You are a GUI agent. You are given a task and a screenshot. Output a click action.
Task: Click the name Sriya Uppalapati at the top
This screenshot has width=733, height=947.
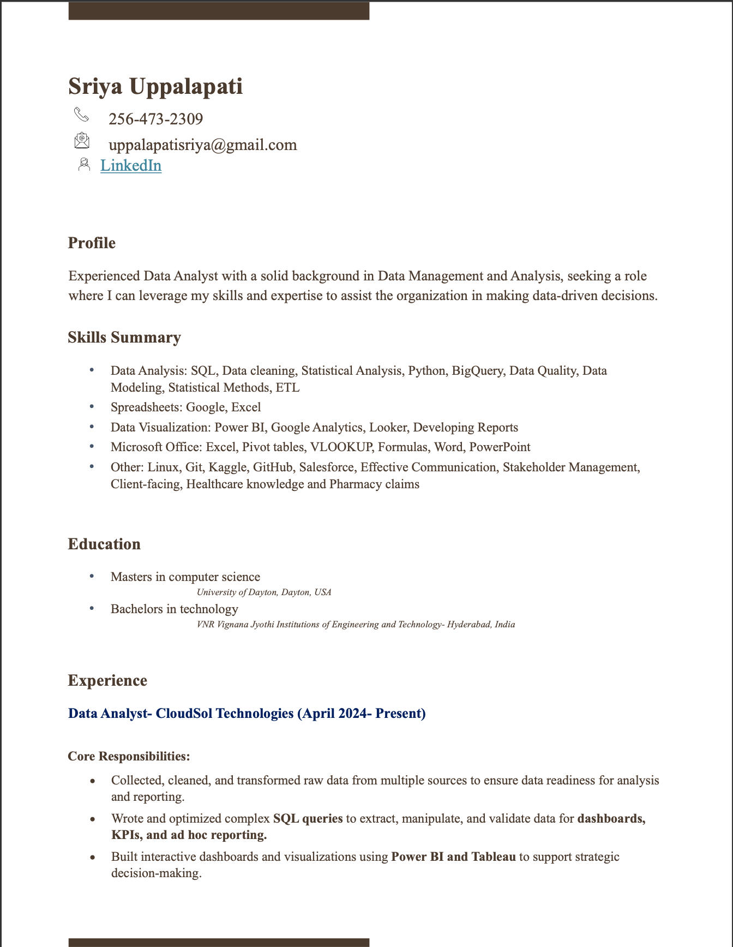(155, 87)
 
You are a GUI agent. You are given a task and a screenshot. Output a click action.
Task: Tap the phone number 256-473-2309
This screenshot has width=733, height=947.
(155, 119)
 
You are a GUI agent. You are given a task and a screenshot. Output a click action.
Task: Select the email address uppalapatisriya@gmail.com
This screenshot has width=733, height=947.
(202, 145)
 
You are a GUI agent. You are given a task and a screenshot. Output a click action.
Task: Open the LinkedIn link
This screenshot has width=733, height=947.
(131, 165)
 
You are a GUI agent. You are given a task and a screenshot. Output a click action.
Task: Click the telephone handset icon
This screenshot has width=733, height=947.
(81, 115)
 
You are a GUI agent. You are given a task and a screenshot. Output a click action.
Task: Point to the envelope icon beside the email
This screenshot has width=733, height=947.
(82, 141)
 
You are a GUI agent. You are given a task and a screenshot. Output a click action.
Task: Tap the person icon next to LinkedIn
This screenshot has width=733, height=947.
(84, 164)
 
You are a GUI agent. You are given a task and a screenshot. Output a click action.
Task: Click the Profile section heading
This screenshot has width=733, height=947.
(92, 243)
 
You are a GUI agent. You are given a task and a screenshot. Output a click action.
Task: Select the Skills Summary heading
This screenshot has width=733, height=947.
(124, 338)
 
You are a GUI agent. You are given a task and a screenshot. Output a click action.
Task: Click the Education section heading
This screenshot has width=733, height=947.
(104, 544)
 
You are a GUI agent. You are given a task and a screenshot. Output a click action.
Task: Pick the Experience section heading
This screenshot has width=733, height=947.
(107, 681)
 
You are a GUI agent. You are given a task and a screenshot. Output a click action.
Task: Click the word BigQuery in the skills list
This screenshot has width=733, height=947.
(477, 371)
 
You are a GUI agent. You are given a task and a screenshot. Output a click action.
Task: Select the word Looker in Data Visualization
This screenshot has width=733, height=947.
(387, 428)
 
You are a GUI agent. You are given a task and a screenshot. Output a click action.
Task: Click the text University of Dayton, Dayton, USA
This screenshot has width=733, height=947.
(264, 592)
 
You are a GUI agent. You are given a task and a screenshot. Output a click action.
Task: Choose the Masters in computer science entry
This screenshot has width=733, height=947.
(185, 577)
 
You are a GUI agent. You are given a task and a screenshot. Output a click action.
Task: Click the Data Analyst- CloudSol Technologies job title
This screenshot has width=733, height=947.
(247, 714)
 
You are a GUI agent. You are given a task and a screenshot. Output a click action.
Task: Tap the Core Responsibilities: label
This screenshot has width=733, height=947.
(129, 757)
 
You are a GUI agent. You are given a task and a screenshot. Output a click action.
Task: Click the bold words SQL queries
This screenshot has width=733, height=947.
(308, 819)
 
